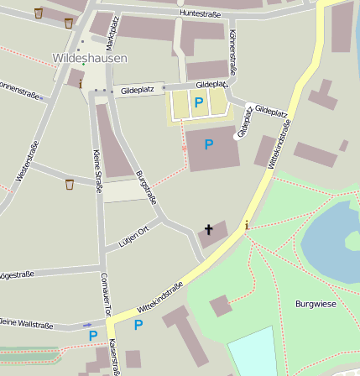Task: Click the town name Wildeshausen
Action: [90, 58]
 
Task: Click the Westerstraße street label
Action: [27, 161]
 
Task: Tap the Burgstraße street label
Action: [146, 188]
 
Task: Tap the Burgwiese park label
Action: [316, 303]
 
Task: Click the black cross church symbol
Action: [209, 229]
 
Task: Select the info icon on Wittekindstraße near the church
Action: [246, 225]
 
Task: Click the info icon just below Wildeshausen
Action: [81, 84]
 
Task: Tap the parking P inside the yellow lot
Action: [199, 102]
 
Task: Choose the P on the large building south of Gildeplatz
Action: [209, 144]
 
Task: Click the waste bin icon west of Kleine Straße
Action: [69, 184]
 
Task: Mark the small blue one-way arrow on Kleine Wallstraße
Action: [87, 325]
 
